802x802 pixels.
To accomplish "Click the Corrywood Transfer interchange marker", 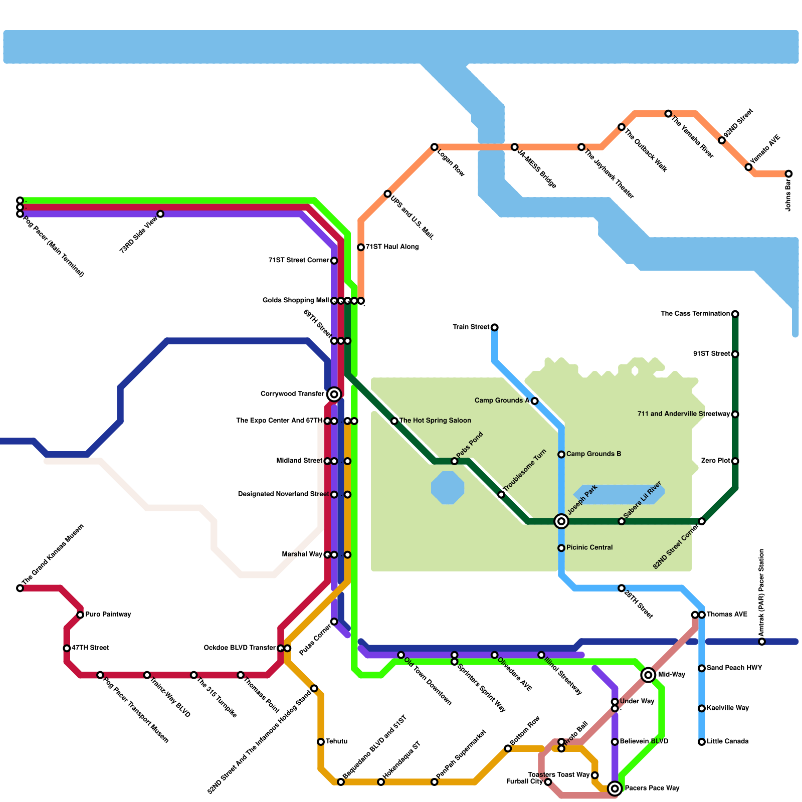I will (x=334, y=394).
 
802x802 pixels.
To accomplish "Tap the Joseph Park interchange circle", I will (x=561, y=521).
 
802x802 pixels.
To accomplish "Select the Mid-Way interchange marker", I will (x=648, y=675).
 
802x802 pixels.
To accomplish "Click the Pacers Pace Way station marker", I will (x=615, y=788).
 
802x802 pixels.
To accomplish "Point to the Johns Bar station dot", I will (x=788, y=174).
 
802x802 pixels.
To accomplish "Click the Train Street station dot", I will (x=495, y=327).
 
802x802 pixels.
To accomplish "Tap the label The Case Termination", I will (x=695, y=314).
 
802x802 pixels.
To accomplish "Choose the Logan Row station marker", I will (x=434, y=147).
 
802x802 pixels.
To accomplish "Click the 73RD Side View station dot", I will (x=160, y=214).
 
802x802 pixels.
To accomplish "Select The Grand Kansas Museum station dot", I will (x=20, y=588).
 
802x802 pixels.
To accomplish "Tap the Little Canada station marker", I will (x=702, y=742).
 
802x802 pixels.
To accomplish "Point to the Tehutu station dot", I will (x=321, y=742).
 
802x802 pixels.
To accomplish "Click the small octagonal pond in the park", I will (x=448, y=488).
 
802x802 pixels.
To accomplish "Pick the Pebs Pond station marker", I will (x=454, y=461).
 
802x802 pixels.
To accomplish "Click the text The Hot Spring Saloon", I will (x=435, y=421).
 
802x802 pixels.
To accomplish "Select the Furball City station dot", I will (x=548, y=782).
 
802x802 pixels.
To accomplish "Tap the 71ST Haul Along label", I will (x=392, y=247).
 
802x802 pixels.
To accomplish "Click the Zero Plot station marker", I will (x=735, y=461).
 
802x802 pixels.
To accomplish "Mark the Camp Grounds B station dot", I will (x=561, y=455).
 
